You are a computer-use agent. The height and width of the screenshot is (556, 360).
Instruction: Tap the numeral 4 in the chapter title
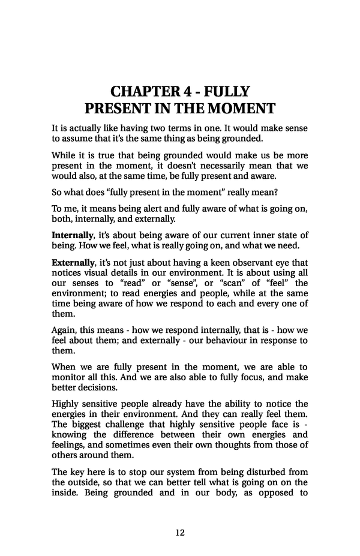[x=185, y=92]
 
